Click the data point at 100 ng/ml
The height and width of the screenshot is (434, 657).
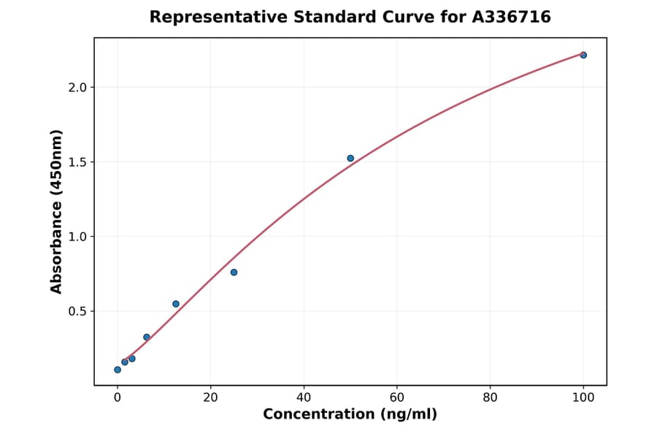(583, 55)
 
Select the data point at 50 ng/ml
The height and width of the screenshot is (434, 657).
(350, 158)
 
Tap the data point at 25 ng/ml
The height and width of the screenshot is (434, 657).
(234, 273)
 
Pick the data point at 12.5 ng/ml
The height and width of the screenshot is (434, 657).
(176, 304)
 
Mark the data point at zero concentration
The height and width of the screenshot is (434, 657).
(118, 370)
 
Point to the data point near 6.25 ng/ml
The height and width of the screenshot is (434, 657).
(147, 337)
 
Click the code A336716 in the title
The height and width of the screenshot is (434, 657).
(511, 17)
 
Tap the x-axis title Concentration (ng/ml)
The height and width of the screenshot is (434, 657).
(350, 415)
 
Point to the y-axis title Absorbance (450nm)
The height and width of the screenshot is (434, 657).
(56, 212)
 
